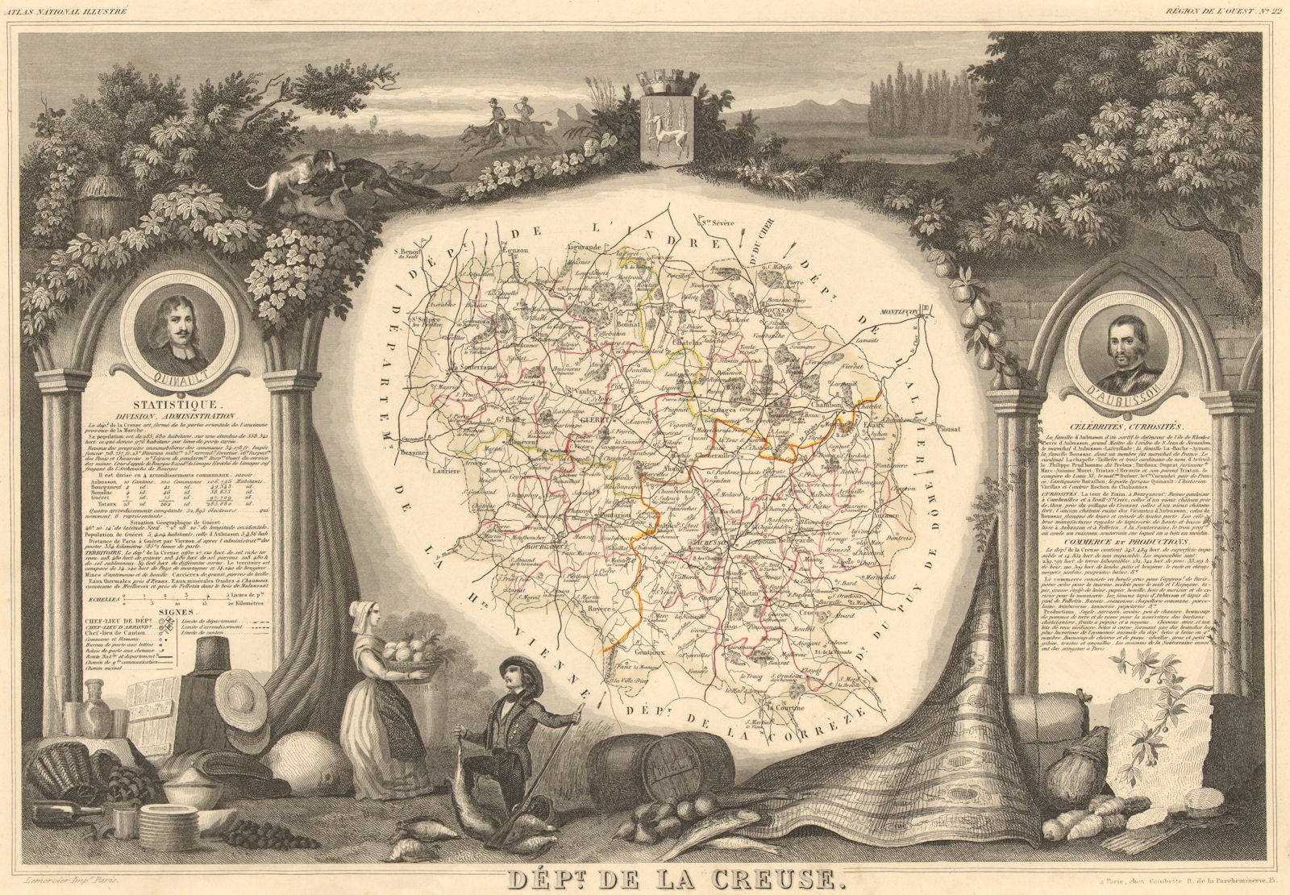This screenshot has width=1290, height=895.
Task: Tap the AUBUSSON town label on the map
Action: [x=705, y=543]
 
